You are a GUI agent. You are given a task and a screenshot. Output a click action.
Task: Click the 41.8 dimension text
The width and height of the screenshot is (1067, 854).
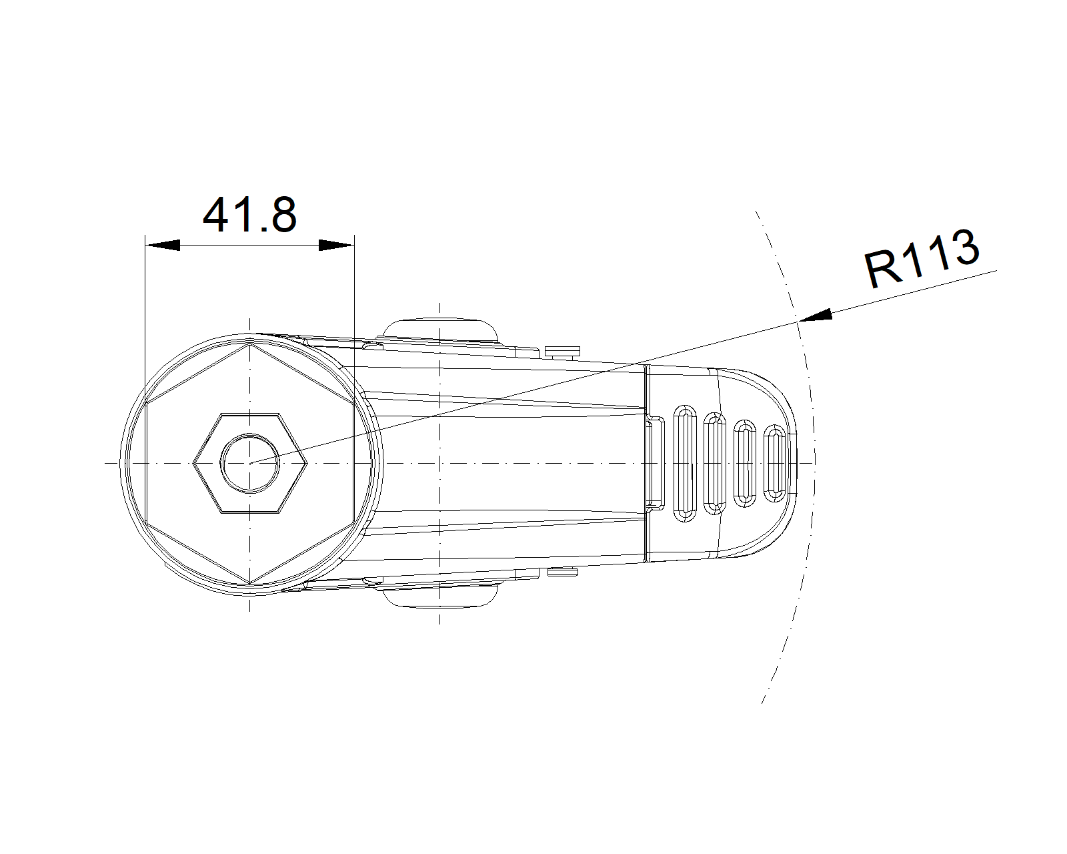point(249,215)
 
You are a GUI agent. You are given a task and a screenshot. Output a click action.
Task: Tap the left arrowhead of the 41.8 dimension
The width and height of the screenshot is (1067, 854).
point(163,245)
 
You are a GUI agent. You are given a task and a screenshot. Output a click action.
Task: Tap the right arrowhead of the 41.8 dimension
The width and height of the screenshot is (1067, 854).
point(336,245)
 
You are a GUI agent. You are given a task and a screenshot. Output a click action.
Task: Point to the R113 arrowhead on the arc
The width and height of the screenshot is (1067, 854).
point(815,317)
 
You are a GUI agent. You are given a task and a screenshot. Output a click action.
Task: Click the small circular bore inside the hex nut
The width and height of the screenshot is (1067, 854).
point(249,462)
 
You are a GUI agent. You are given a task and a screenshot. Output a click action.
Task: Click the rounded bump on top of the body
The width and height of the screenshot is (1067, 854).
point(440,328)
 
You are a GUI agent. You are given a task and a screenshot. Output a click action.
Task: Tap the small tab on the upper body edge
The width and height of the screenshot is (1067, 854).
point(563,351)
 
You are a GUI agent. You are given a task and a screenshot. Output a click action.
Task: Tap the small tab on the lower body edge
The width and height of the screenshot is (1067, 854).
point(563,571)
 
